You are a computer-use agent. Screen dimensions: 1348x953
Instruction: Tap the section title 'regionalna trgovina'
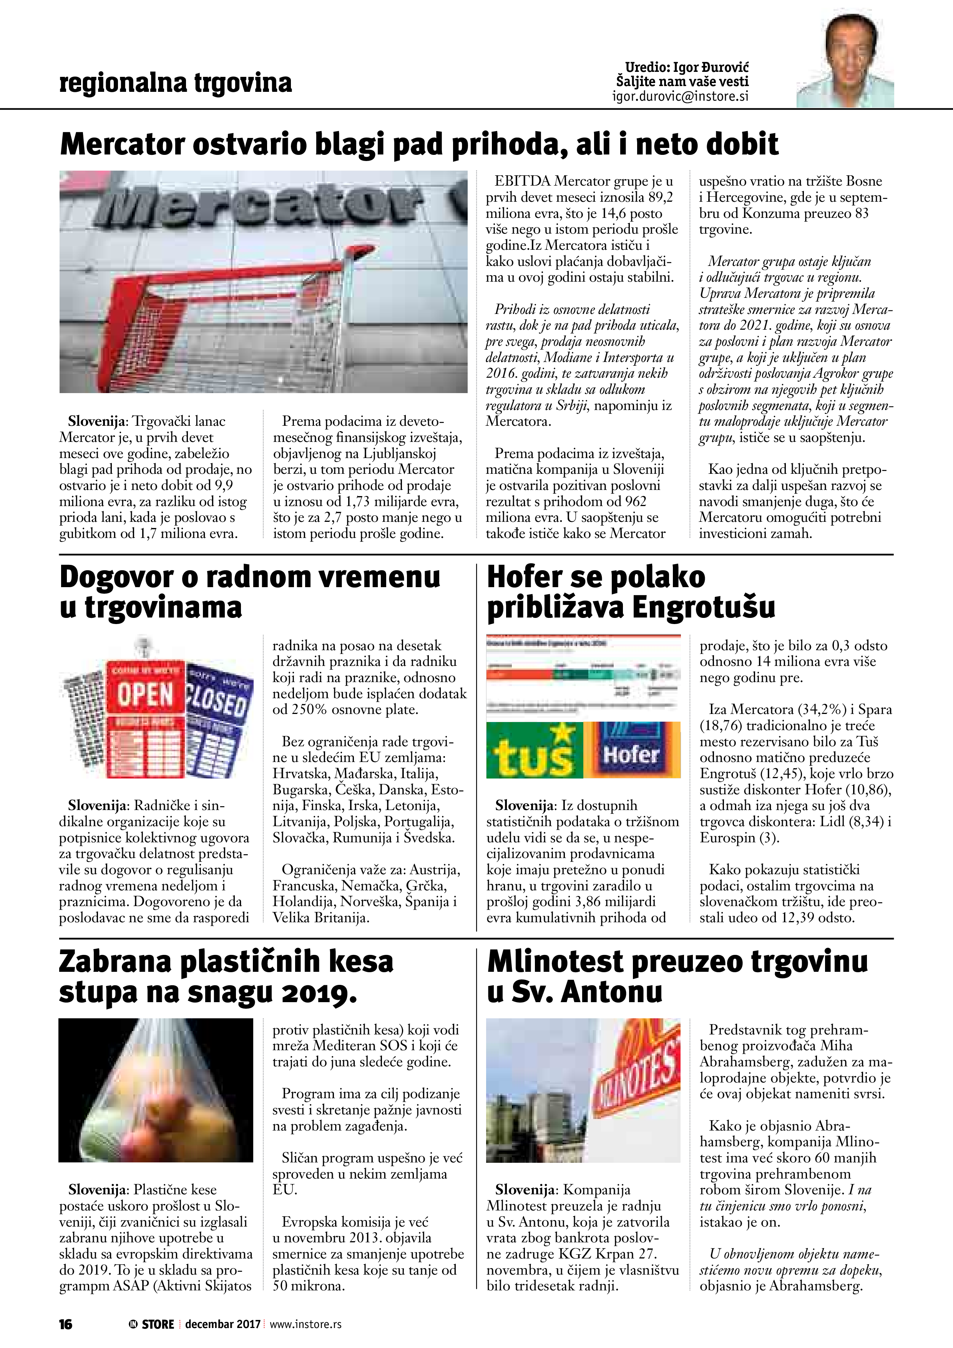click(x=176, y=83)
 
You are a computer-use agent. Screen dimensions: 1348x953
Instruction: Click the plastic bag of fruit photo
click(x=156, y=1090)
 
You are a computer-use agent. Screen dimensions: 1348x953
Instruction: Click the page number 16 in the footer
click(x=65, y=1324)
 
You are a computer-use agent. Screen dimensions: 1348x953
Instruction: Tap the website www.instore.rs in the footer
click(x=305, y=1324)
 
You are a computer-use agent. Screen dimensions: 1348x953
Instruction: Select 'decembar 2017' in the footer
click(x=222, y=1324)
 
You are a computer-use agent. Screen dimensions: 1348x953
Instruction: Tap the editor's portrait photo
click(x=845, y=61)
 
